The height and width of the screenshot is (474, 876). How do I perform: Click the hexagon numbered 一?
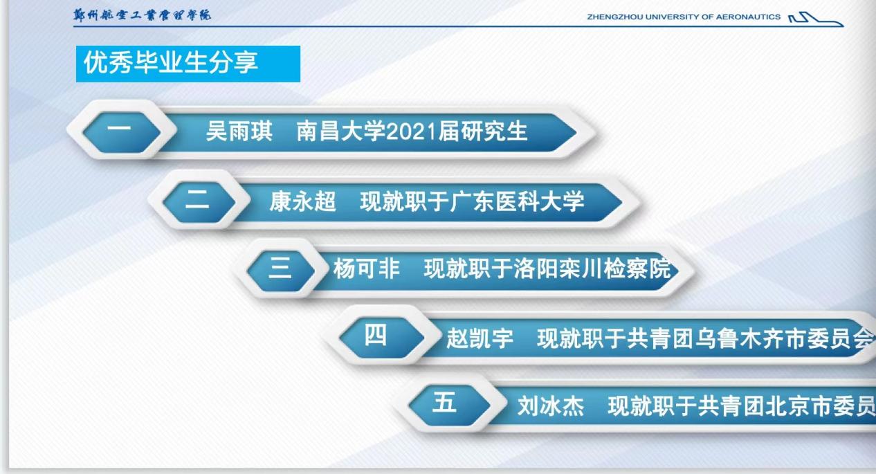click(x=122, y=132)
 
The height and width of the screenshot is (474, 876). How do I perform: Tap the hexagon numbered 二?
click(x=199, y=202)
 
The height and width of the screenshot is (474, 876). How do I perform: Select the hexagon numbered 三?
click(x=281, y=271)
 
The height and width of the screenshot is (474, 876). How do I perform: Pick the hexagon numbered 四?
click(x=382, y=338)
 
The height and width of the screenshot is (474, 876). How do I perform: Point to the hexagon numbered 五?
click(x=450, y=405)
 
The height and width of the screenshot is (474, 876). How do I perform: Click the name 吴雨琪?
click(x=239, y=131)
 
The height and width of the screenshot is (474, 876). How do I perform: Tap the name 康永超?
click(x=302, y=202)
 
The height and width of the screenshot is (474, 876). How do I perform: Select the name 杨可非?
click(x=367, y=268)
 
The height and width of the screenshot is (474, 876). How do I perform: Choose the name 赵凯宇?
click(x=480, y=338)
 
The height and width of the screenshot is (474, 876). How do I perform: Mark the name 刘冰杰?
click(x=551, y=405)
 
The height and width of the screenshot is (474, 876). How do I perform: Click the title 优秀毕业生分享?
click(x=171, y=62)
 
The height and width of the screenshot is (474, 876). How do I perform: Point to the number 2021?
click(x=412, y=131)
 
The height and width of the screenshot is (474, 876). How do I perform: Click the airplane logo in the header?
click(x=816, y=19)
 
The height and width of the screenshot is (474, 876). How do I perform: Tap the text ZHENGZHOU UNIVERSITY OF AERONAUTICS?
click(x=684, y=17)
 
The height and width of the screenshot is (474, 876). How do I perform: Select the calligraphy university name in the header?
click(x=142, y=15)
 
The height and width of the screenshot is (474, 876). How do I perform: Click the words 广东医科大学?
click(x=517, y=202)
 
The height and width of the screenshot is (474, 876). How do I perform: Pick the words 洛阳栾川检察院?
click(x=593, y=269)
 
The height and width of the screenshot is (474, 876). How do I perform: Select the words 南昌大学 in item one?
click(x=341, y=131)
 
